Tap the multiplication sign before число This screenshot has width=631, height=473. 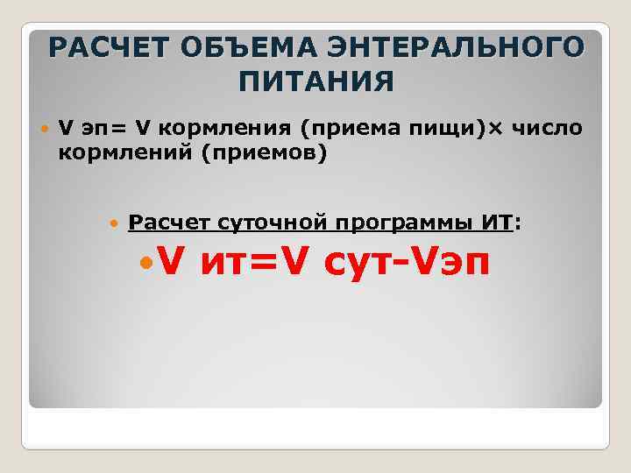[x=496, y=130]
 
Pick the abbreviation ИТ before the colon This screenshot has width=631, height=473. [x=497, y=222]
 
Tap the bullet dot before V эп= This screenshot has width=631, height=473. [x=45, y=130]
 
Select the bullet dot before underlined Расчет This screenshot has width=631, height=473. [x=115, y=224]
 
